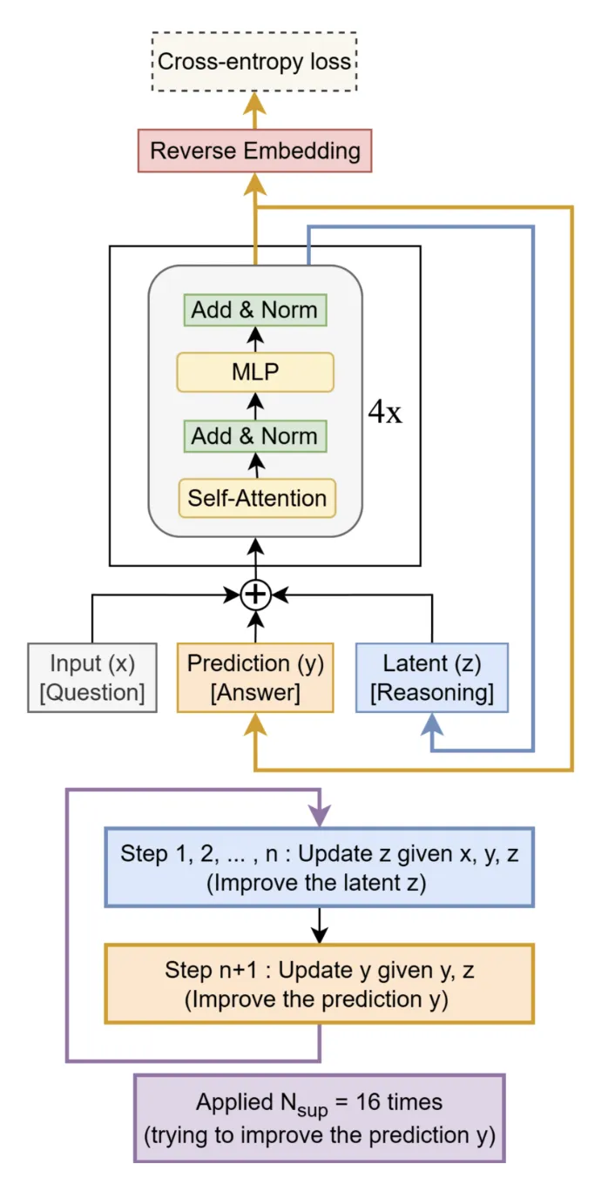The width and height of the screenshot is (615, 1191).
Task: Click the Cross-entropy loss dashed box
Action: [x=254, y=62]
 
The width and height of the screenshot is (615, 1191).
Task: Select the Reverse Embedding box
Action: [x=254, y=151]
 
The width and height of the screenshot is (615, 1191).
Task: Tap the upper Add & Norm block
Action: [x=254, y=310]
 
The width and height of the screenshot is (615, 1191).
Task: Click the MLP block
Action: [x=254, y=373]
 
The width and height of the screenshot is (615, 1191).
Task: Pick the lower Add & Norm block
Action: [x=254, y=435]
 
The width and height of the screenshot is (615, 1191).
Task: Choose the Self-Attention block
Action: [x=257, y=498]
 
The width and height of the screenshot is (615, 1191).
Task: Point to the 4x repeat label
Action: [x=385, y=412]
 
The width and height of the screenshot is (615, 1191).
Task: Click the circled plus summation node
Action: [x=255, y=595]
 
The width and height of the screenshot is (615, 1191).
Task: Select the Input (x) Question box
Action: [x=92, y=677]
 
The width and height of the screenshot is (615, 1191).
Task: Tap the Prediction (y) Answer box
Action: [x=255, y=677]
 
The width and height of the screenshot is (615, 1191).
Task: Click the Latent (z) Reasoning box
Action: [x=431, y=677]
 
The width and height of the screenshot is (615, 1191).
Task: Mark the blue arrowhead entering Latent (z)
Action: [x=431, y=722]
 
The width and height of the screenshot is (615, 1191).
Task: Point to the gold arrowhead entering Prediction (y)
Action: [x=255, y=722]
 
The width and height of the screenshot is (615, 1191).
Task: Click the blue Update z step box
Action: [x=319, y=866]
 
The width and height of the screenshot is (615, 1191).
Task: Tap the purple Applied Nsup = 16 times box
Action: [x=319, y=1118]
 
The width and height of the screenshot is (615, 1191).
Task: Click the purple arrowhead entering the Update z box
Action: [x=320, y=817]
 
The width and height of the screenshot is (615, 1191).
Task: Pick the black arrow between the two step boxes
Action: [x=320, y=925]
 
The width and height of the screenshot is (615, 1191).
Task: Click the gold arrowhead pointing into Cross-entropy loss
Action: [x=254, y=103]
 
